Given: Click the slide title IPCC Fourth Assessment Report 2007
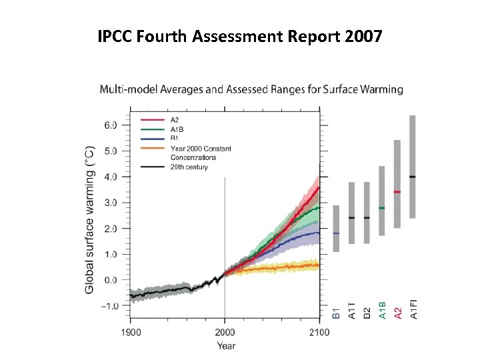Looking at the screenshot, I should point(240,36).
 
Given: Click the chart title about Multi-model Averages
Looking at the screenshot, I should point(251,89).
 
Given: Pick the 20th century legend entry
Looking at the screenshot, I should point(189,167).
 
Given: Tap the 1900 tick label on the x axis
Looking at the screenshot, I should point(130,333).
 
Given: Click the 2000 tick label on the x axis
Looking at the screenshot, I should point(225,333).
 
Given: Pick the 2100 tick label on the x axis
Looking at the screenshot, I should point(319,333).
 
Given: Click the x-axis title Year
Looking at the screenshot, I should point(225,345).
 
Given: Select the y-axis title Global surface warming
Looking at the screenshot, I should point(89,220).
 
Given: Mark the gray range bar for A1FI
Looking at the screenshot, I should point(413,167).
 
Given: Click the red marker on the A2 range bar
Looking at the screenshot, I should point(397,192).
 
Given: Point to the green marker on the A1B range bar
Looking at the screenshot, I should point(382,208).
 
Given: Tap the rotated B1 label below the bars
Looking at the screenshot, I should point(336,311).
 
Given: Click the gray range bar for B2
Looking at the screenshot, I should point(367,213).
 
